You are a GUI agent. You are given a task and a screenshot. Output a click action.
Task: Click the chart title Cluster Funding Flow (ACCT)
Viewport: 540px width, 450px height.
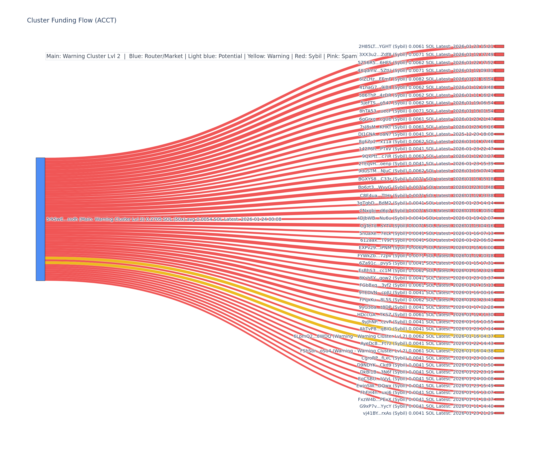[x=72, y=20]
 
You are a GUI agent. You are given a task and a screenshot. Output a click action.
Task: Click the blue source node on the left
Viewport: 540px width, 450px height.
[x=40, y=219]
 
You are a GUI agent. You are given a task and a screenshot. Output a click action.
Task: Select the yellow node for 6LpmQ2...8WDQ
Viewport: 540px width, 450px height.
[x=499, y=336]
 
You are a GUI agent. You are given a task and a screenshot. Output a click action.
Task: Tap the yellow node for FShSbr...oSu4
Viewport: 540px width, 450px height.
[x=499, y=351]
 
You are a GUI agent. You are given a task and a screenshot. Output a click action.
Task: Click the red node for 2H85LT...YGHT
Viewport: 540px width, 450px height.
[x=499, y=47]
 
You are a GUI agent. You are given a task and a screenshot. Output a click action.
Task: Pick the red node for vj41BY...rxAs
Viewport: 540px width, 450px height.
[x=499, y=413]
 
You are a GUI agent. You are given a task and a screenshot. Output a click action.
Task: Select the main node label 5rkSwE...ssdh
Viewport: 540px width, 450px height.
[x=164, y=219]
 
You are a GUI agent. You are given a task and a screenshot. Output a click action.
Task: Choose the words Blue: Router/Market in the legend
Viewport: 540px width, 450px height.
[x=156, y=56]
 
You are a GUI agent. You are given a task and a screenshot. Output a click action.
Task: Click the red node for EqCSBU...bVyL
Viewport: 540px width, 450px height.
[x=499, y=379]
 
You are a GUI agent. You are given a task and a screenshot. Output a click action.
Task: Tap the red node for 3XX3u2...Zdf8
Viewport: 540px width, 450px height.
[x=499, y=54]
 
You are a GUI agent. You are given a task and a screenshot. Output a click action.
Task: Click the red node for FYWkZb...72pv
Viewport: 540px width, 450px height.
[x=499, y=256]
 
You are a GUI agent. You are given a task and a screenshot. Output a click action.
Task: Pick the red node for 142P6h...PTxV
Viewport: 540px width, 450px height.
[x=499, y=149]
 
